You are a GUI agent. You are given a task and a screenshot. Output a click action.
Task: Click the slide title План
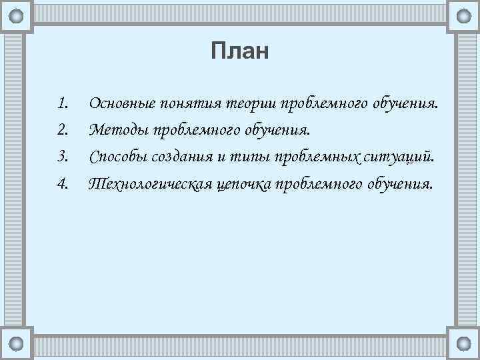click(x=239, y=51)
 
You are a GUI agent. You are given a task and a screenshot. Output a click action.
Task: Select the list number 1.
click(x=63, y=103)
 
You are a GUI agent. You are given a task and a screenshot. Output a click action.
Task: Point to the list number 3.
click(x=63, y=157)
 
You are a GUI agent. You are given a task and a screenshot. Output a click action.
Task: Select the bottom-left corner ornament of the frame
click(x=16, y=343)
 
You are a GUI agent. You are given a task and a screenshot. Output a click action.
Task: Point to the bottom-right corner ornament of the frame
click(x=463, y=343)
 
